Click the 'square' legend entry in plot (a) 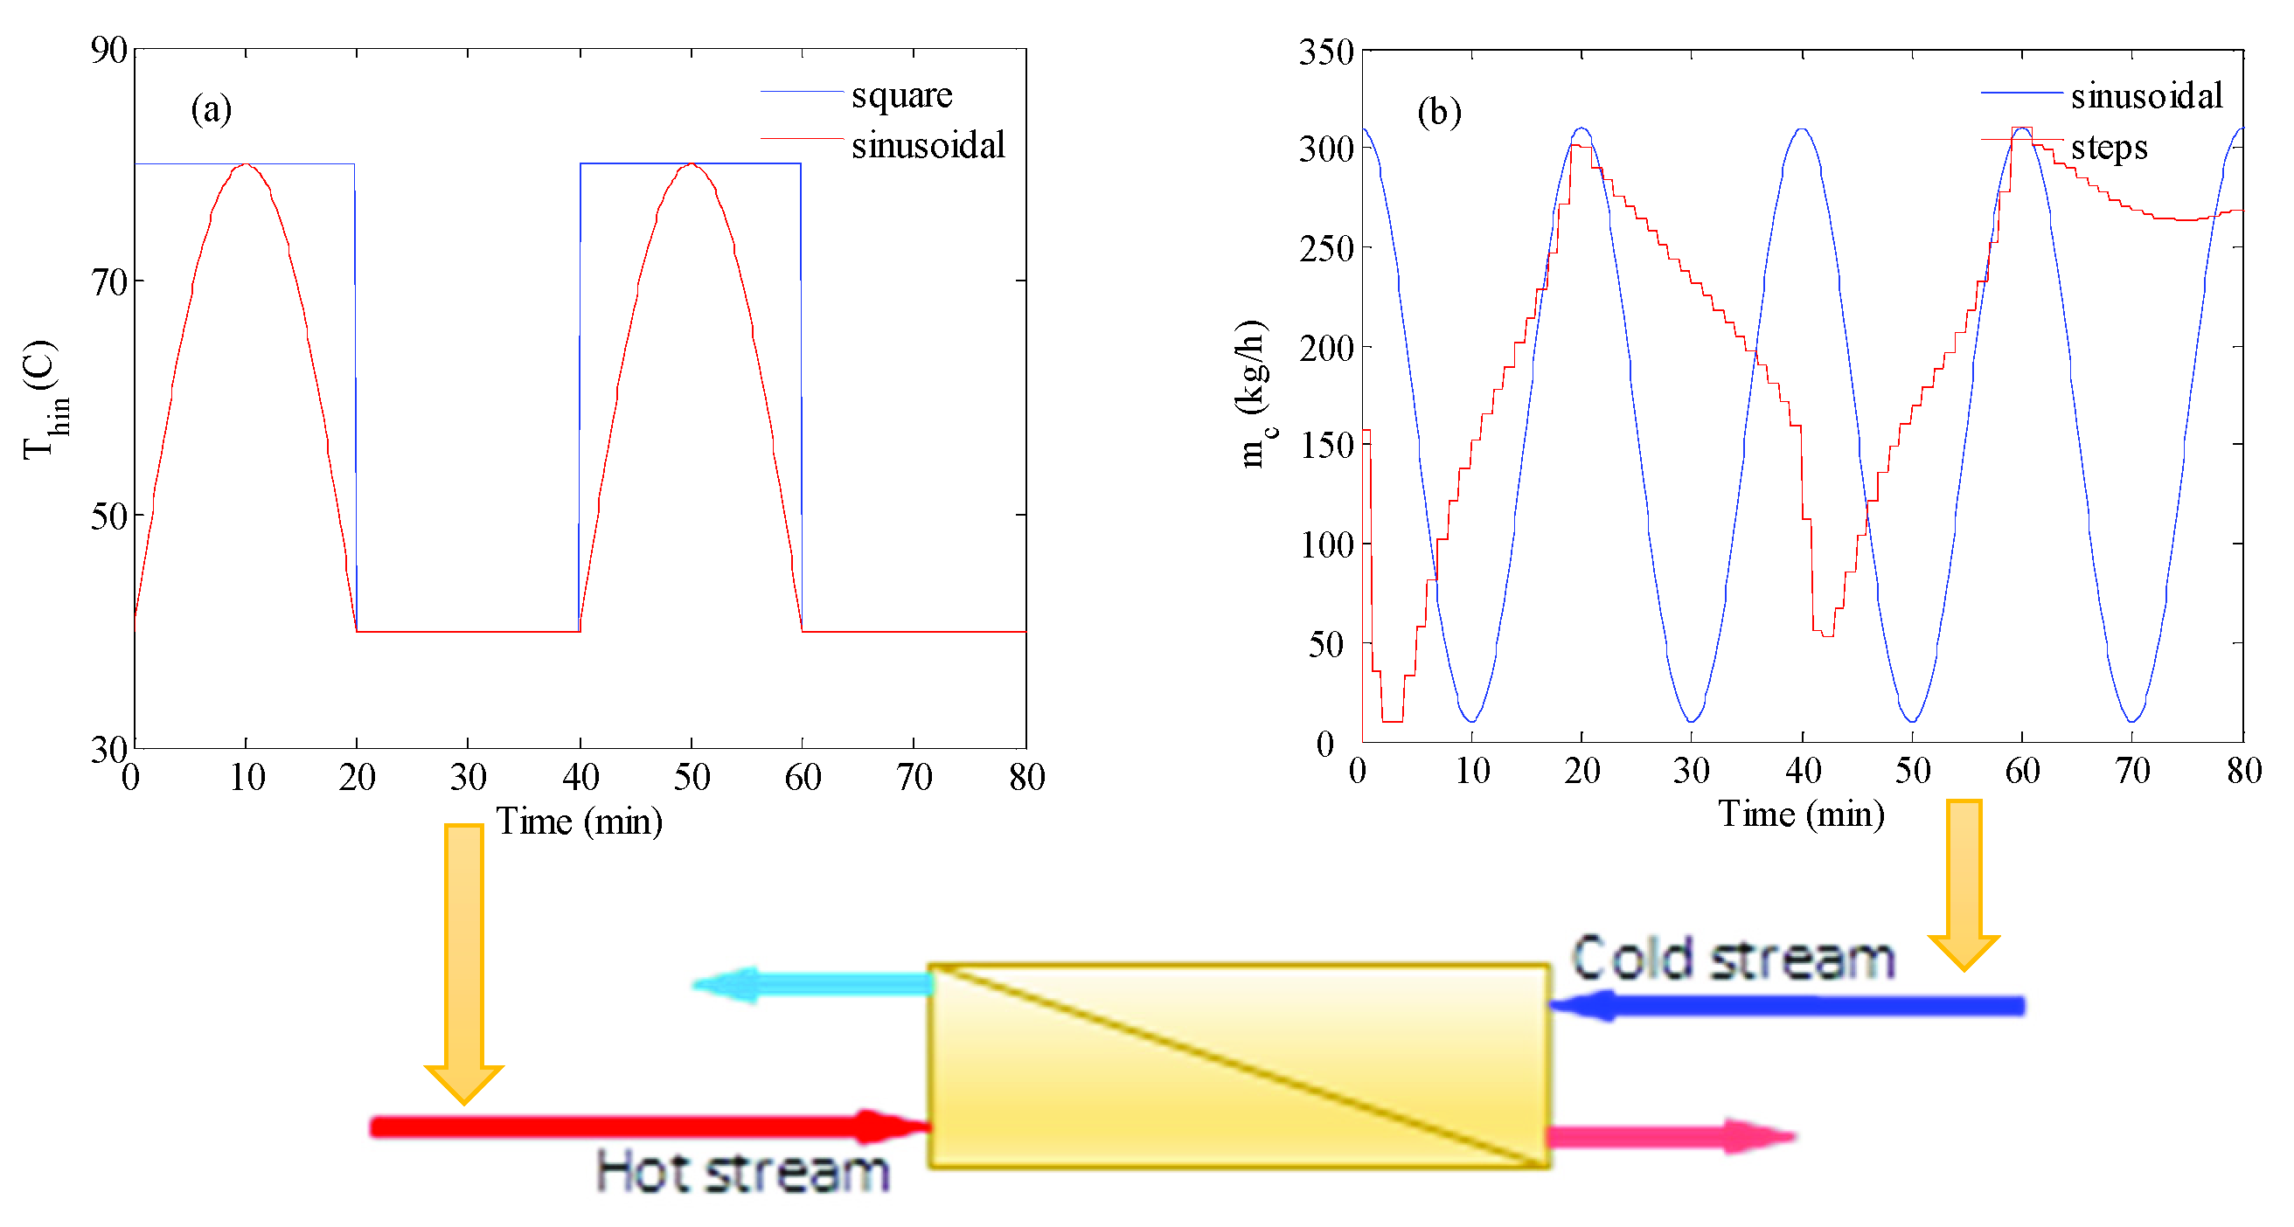point(900,94)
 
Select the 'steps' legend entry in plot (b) point(2108,147)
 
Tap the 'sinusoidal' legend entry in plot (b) point(2145,95)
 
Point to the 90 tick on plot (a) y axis point(108,50)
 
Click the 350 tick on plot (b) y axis point(1326,52)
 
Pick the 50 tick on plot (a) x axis point(691,777)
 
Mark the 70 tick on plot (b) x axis point(2132,770)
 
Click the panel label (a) point(211,109)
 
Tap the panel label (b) point(1438,112)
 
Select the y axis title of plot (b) point(1254,392)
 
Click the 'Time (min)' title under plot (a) point(579,821)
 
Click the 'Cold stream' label point(1732,960)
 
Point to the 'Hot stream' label point(742,1172)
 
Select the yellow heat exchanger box point(1239,1065)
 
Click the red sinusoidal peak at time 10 point(246,164)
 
